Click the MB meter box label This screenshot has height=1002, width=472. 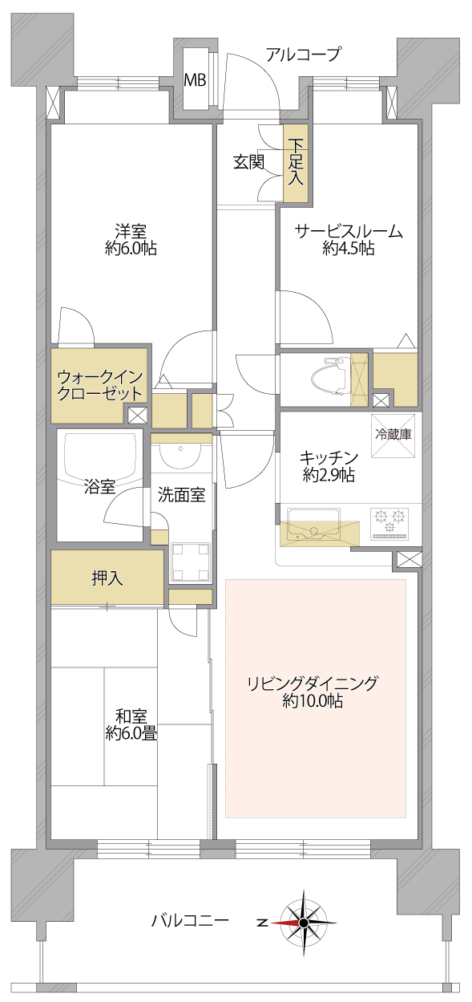(x=196, y=80)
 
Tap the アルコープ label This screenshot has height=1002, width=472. (x=305, y=55)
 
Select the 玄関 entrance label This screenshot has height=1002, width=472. (x=249, y=162)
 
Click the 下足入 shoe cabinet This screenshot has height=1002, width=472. (x=296, y=162)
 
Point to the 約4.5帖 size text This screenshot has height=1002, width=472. (x=349, y=248)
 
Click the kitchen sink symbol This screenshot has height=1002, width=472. (x=313, y=527)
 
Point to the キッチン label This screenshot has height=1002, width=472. (x=329, y=458)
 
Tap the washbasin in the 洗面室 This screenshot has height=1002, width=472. (x=181, y=455)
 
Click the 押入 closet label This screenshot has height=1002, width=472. (x=107, y=578)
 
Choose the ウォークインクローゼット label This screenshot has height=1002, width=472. (x=99, y=386)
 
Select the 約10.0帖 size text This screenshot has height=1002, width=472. (x=313, y=701)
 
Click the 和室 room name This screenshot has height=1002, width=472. (x=131, y=716)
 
